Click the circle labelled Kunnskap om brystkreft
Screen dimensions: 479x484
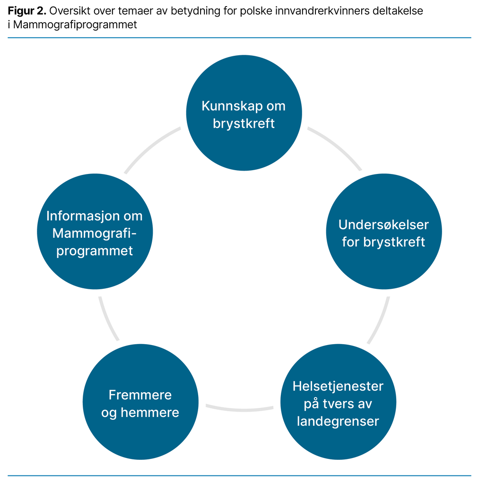click(244, 113)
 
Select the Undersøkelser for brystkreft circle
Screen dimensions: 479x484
click(384, 232)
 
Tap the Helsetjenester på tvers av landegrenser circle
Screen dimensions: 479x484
click(338, 402)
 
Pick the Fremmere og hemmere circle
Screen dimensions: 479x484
click(140, 402)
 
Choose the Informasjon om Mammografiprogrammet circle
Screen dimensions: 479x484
click(95, 232)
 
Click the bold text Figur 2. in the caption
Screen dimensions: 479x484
click(27, 11)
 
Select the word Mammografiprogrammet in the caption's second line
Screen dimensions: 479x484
click(75, 25)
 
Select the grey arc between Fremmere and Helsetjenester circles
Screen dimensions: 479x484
click(239, 409)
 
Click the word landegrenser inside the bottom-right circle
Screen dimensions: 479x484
click(338, 421)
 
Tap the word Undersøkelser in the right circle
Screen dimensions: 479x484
click(383, 225)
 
